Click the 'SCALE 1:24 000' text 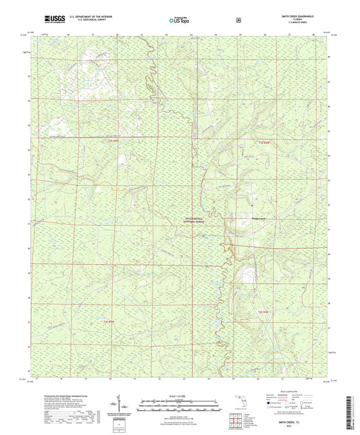pos(180,396)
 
